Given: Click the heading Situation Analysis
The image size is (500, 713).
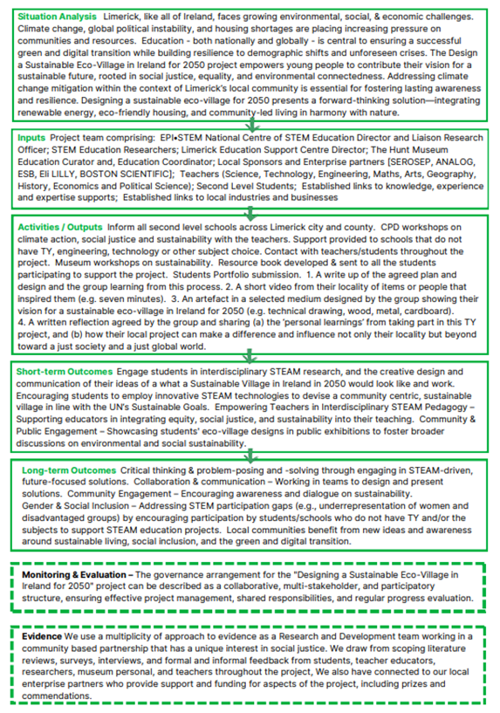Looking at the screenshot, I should [58, 17].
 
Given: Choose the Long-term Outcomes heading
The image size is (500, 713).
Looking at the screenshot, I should [67, 470].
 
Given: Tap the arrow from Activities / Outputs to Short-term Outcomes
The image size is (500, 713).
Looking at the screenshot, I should [250, 356].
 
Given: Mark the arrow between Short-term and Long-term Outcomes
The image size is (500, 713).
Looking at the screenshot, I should [250, 456].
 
